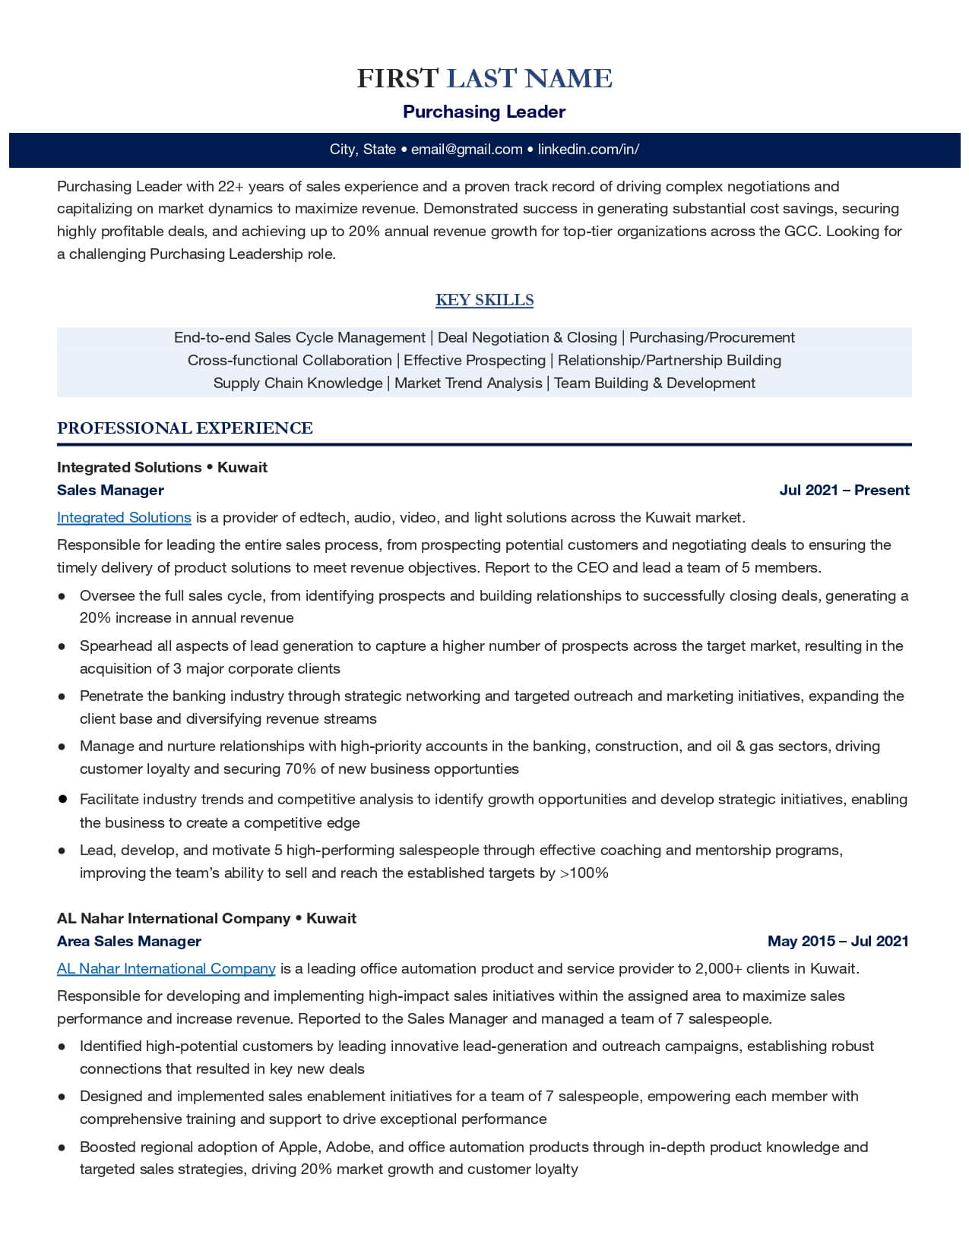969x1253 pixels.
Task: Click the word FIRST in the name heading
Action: coord(397,78)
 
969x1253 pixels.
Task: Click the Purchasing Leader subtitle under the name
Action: coord(484,112)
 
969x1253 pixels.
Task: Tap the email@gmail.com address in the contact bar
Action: coord(467,150)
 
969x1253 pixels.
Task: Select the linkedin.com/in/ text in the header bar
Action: coord(588,150)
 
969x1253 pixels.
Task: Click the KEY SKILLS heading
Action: coord(484,300)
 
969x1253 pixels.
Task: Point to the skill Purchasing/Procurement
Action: coord(711,338)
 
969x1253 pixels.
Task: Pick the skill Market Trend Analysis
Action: coord(468,383)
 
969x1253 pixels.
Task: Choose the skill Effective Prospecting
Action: coord(474,361)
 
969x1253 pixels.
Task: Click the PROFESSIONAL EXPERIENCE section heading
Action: coord(185,428)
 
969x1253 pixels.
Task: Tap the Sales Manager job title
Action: coord(110,491)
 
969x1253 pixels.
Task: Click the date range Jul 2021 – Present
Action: coord(844,491)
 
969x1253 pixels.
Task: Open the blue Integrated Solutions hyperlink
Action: coord(124,518)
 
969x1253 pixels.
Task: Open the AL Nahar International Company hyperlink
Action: coord(166,969)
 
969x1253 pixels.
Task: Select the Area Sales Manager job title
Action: coord(129,942)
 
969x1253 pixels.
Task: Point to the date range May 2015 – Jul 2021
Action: coord(838,942)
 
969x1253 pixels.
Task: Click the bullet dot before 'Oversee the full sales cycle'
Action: coord(62,597)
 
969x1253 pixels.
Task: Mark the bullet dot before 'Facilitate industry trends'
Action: coord(62,800)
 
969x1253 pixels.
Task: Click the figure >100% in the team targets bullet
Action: coord(584,873)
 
